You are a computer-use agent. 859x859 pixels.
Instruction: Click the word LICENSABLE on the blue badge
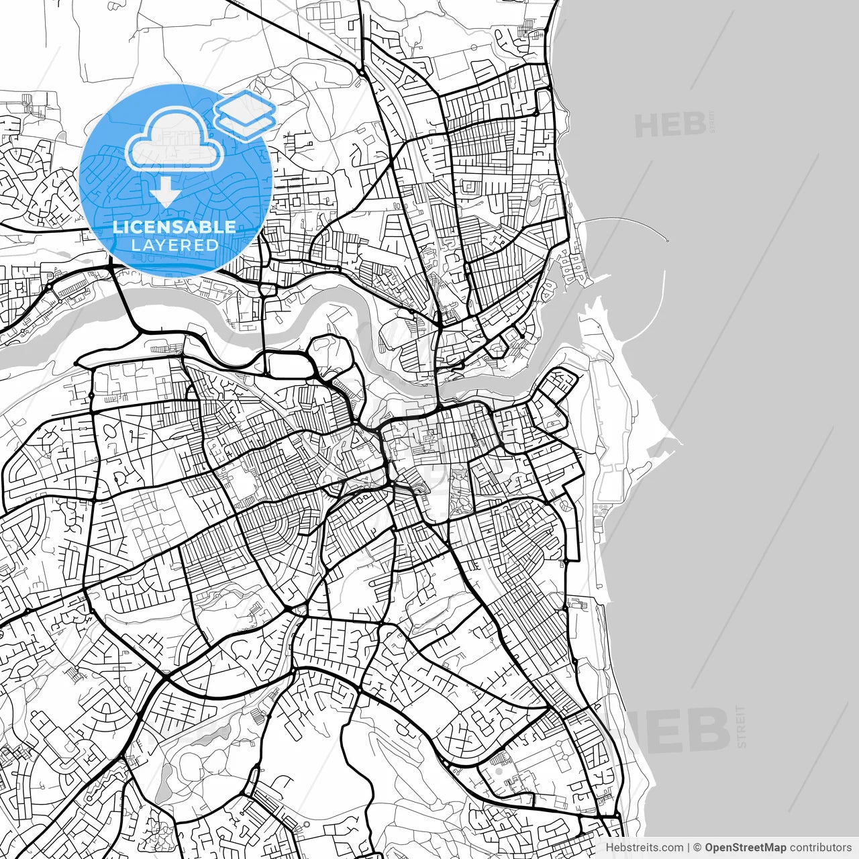(x=174, y=227)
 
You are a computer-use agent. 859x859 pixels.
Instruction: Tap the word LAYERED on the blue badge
(x=174, y=245)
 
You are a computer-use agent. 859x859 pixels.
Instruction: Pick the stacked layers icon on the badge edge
(x=246, y=114)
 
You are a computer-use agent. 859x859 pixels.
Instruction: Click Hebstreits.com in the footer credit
(x=644, y=848)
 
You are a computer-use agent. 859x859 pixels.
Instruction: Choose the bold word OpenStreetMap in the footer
(x=745, y=848)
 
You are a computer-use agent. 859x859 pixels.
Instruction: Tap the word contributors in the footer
(x=820, y=848)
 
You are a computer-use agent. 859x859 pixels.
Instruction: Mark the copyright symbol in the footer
(x=697, y=848)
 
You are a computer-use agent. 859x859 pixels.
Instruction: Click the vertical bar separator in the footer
(x=689, y=848)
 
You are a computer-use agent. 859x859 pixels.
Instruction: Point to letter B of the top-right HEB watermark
(x=695, y=125)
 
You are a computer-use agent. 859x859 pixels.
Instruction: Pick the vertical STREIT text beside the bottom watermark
(x=741, y=727)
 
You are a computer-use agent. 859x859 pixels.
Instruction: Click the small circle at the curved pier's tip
(x=668, y=241)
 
